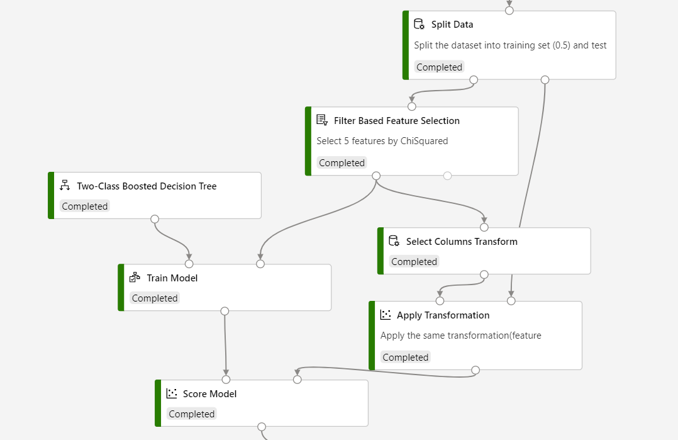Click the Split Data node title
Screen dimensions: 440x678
pyautogui.click(x=452, y=25)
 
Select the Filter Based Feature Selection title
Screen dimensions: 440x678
pyautogui.click(x=396, y=121)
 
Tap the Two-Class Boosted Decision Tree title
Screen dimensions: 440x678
pyautogui.click(x=147, y=186)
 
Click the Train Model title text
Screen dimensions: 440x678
pyautogui.click(x=172, y=278)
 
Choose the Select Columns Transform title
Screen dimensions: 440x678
pyautogui.click(x=462, y=242)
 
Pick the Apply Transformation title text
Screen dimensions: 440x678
pyautogui.click(x=443, y=315)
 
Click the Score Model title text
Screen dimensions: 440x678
pyautogui.click(x=209, y=394)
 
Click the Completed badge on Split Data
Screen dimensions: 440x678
pyautogui.click(x=439, y=67)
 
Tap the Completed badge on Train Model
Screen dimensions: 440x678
pyautogui.click(x=155, y=298)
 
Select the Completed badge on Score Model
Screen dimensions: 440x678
pyautogui.click(x=192, y=414)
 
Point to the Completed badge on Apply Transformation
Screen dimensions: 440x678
pyautogui.click(x=406, y=358)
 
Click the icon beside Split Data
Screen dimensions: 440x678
pyautogui.click(x=419, y=25)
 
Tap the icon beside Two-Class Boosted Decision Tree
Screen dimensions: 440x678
pyautogui.click(x=64, y=186)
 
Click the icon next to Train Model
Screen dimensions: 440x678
pyautogui.click(x=135, y=278)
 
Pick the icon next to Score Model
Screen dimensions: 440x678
pyautogui.click(x=172, y=393)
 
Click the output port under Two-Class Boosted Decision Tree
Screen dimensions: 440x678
pyautogui.click(x=155, y=219)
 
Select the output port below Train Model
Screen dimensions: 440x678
pyautogui.click(x=225, y=311)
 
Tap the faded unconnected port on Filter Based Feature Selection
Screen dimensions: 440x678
pyautogui.click(x=447, y=176)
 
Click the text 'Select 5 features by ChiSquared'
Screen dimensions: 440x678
pyautogui.click(x=382, y=141)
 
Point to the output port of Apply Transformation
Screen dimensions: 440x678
pyautogui.click(x=475, y=370)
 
